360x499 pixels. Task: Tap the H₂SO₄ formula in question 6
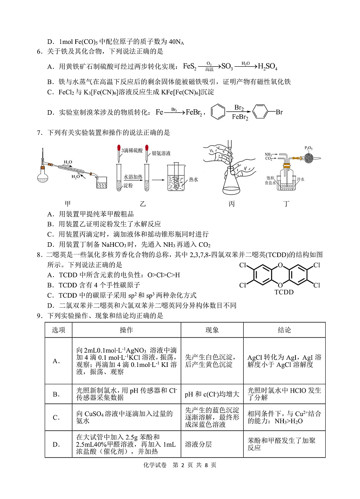pyautogui.click(x=267, y=66)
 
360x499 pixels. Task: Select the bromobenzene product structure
pyautogui.click(x=267, y=112)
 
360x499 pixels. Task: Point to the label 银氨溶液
pyautogui.click(x=161, y=153)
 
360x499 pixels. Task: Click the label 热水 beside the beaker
pyautogui.click(x=194, y=179)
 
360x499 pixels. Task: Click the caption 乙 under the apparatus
pyautogui.click(x=143, y=204)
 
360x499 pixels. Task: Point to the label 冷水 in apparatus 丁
pyautogui.click(x=300, y=179)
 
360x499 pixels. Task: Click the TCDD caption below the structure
pyautogui.click(x=284, y=292)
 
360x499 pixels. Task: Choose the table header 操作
pyautogui.click(x=126, y=330)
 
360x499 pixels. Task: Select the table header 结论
pyautogui.click(x=284, y=330)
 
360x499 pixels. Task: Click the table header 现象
pyautogui.click(x=212, y=330)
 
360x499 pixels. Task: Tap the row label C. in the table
pyautogui.click(x=57, y=417)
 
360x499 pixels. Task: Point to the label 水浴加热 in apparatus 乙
pyautogui.click(x=133, y=177)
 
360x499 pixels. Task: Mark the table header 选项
pyautogui.click(x=58, y=330)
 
